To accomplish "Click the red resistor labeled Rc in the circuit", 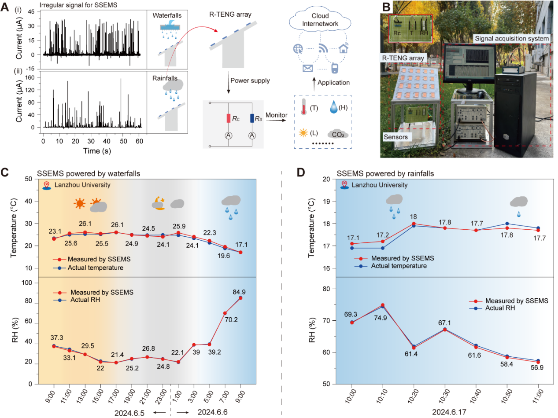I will pos(229,118).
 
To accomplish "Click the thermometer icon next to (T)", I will pos(303,106).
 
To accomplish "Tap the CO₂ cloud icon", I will pos(337,132).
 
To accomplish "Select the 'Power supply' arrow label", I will pos(249,81).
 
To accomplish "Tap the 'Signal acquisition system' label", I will pos(512,39).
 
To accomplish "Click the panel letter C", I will pos(6,171).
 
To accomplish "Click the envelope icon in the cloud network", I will pos(308,69).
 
